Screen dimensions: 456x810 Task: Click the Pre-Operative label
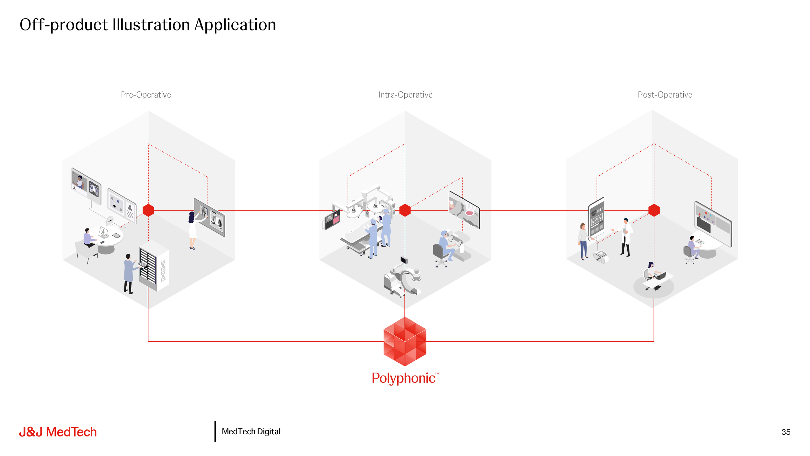click(146, 95)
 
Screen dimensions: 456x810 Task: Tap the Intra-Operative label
click(405, 95)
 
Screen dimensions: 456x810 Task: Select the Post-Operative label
click(665, 95)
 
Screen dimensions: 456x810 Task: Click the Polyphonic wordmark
click(404, 378)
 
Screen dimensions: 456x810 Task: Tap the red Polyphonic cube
click(405, 342)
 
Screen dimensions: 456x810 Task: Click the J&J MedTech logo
click(58, 432)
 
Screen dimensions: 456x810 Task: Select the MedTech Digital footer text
click(251, 432)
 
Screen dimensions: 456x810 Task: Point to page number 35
click(786, 432)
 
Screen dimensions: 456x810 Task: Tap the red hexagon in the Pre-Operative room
click(148, 210)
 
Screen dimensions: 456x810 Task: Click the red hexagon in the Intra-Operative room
click(405, 210)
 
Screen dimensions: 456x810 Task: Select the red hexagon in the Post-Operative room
click(654, 210)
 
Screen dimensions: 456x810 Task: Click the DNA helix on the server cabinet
click(163, 271)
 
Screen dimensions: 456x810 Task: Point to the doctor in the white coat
click(626, 237)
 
